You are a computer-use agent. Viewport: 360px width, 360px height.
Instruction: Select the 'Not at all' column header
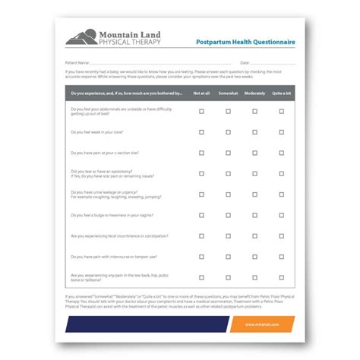(x=201, y=93)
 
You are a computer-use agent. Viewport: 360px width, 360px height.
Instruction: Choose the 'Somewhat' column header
(x=228, y=93)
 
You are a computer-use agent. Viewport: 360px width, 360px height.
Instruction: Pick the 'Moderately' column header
(x=254, y=93)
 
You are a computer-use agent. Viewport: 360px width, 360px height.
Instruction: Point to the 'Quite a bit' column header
(x=281, y=93)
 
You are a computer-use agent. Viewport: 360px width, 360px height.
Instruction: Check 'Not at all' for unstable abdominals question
(x=201, y=111)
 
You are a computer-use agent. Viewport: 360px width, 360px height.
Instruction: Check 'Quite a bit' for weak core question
(x=281, y=131)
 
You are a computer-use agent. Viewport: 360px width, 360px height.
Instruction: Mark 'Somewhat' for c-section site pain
(x=228, y=153)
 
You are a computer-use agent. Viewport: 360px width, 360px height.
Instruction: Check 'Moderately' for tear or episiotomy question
(x=254, y=173)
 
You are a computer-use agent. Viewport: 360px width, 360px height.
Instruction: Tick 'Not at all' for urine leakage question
(x=201, y=194)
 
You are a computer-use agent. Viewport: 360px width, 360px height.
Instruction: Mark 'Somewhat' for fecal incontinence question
(x=228, y=236)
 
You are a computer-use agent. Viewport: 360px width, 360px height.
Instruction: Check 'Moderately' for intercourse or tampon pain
(x=254, y=257)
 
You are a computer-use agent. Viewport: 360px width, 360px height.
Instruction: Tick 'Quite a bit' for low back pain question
(x=281, y=277)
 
